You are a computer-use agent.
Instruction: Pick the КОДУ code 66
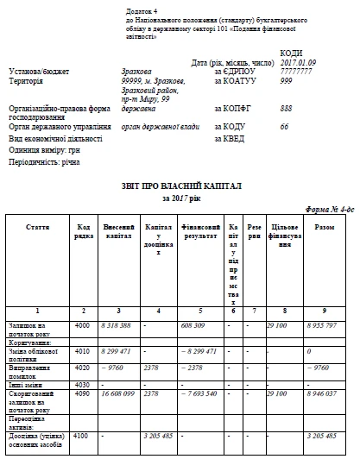coord(284,126)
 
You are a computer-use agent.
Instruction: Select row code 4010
coord(83,352)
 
